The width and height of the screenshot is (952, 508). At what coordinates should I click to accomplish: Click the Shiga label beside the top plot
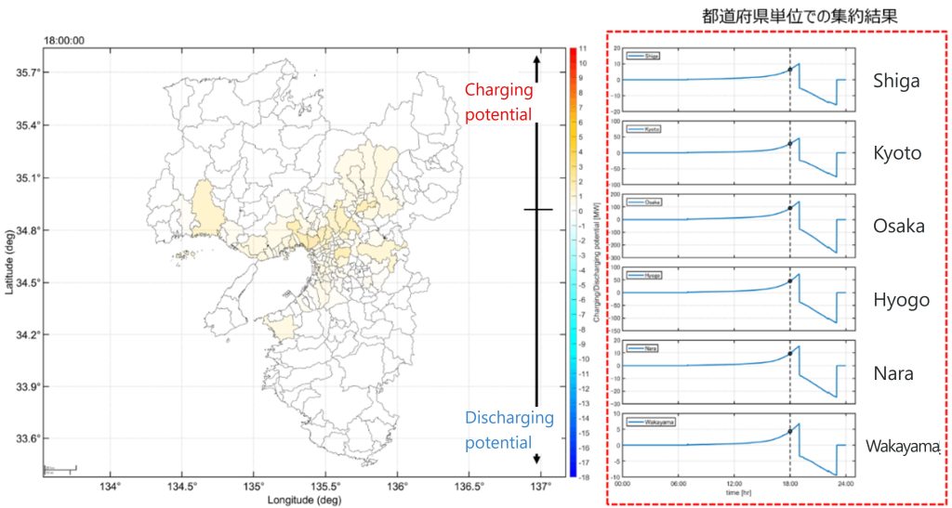896,80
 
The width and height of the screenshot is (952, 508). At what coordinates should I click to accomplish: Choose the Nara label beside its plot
892,373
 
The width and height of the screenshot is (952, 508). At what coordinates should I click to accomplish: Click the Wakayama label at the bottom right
903,446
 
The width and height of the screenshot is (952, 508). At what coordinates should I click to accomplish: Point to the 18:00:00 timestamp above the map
64,41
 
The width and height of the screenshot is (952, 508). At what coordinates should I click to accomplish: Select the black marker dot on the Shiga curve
789,70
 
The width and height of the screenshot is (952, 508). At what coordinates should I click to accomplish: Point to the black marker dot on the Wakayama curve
789,432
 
